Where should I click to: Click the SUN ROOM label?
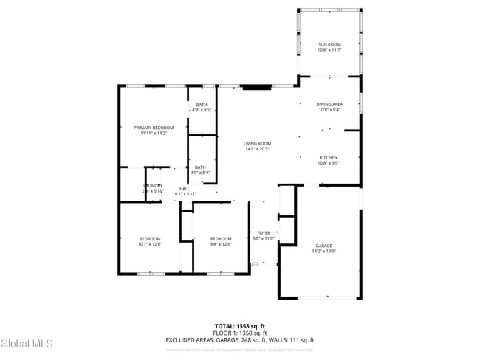[x=329, y=44]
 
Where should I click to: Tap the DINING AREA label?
[x=329, y=105]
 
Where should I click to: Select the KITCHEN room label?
[x=329, y=158]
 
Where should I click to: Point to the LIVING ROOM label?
[x=257, y=143]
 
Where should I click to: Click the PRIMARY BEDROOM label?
[x=154, y=128]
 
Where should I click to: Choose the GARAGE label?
[x=324, y=246]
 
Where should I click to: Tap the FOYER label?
[x=264, y=233]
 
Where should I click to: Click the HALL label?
[x=184, y=188]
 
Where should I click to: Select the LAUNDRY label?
[x=153, y=186]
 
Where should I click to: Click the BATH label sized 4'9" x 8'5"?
[x=202, y=105]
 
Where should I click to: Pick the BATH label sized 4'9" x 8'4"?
[x=200, y=167]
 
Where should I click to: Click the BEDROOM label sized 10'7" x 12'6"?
[x=150, y=238]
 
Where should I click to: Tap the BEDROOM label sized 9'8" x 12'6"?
[x=221, y=238]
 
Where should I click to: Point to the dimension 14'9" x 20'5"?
[x=257, y=149]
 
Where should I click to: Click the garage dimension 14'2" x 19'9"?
[x=324, y=252]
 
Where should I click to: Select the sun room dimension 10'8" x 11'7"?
[x=329, y=50]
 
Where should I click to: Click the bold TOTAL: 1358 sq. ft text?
[x=240, y=325]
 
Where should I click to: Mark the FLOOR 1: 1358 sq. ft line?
[x=240, y=333]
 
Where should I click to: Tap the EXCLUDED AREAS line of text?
[x=240, y=340]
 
